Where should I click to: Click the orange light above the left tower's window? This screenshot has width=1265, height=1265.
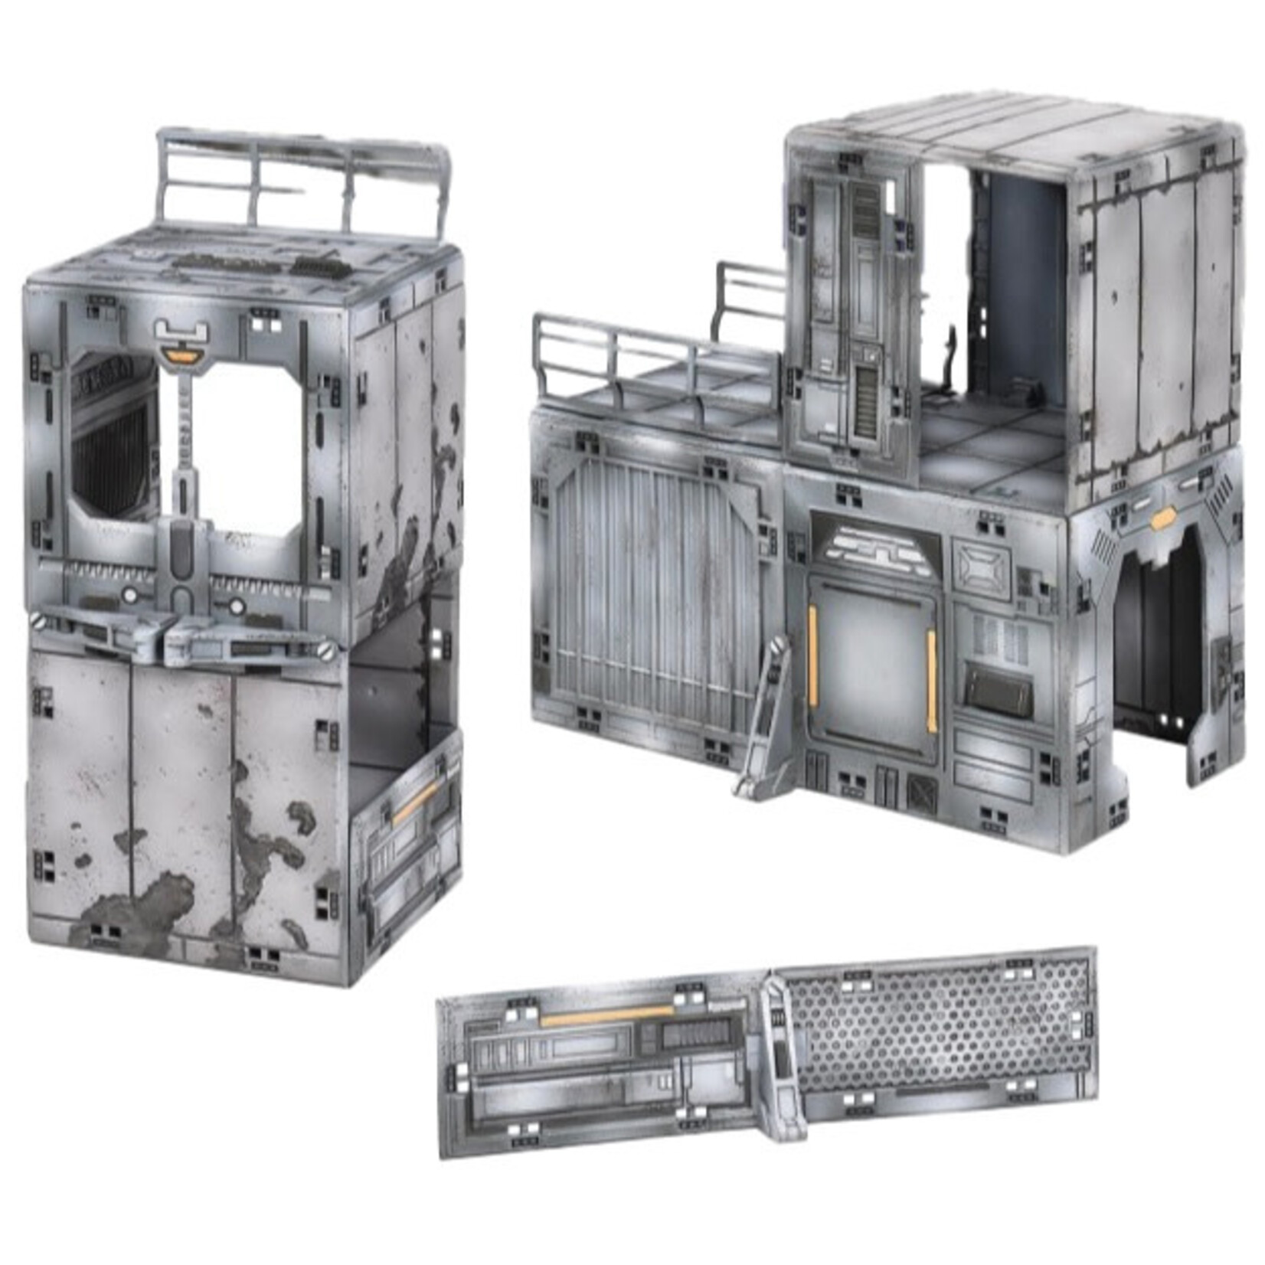pos(182,355)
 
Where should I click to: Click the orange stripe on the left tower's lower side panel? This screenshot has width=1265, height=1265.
pos(413,804)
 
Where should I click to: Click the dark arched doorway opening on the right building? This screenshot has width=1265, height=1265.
pos(1156,651)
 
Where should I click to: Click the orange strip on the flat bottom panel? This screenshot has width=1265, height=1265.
pos(605,1017)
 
